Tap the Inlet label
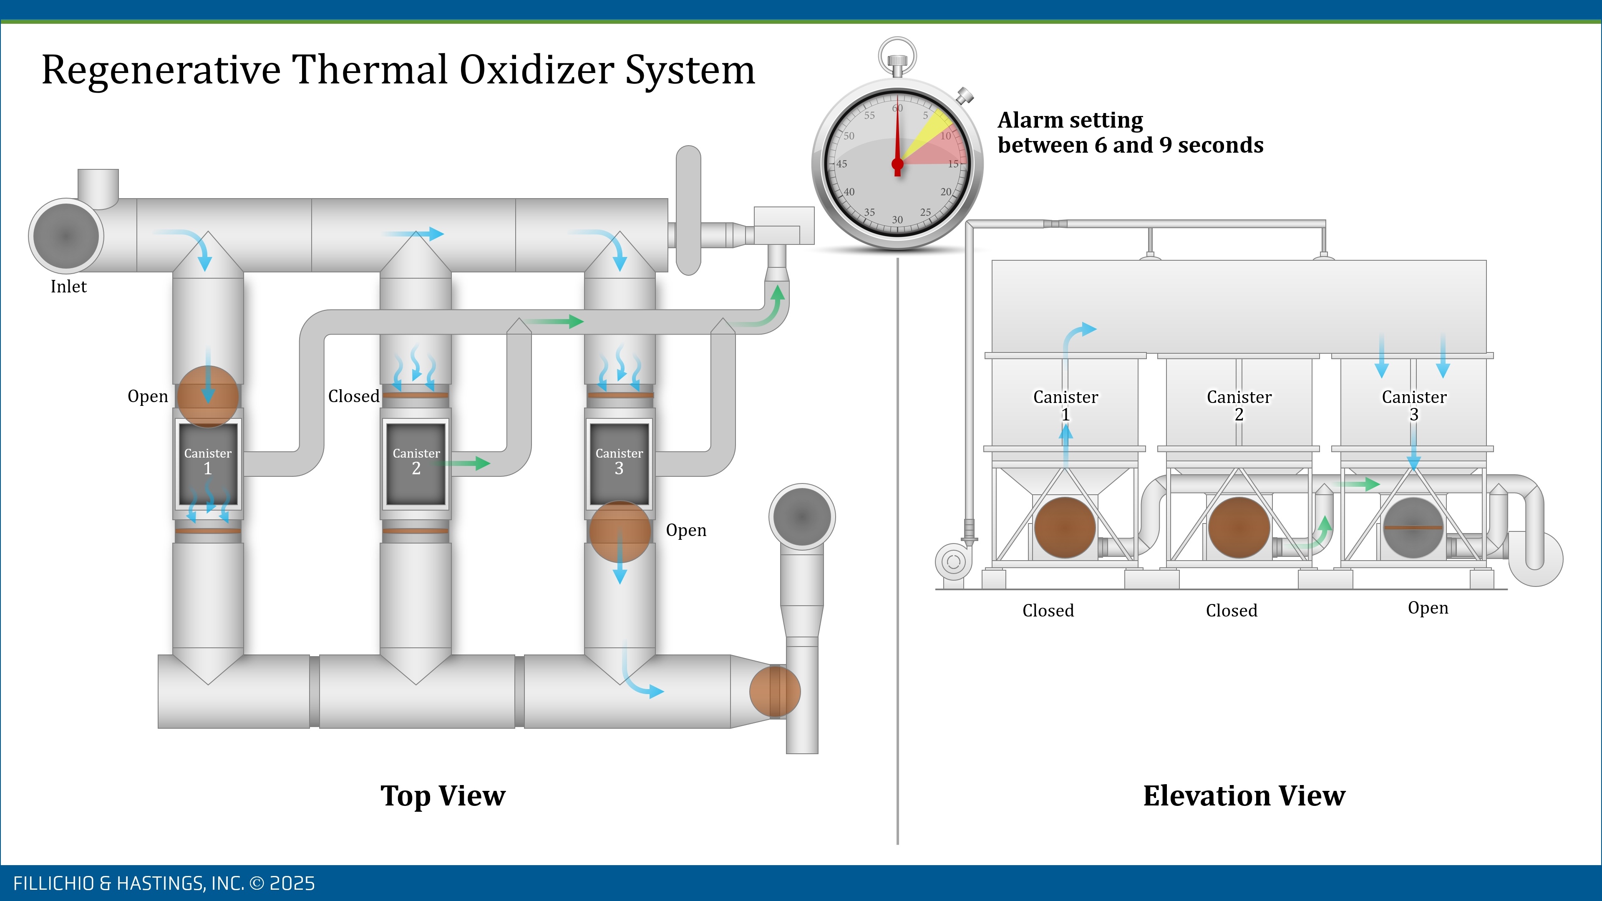pos(68,287)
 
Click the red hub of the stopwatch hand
pos(897,164)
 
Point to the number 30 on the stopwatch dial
pos(897,219)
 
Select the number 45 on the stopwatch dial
pos(841,164)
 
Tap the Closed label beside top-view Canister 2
pos(353,396)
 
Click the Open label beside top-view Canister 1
pos(147,396)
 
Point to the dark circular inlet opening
pos(65,236)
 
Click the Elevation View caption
pos(1244,795)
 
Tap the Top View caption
pos(443,795)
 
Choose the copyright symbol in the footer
pos(257,883)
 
